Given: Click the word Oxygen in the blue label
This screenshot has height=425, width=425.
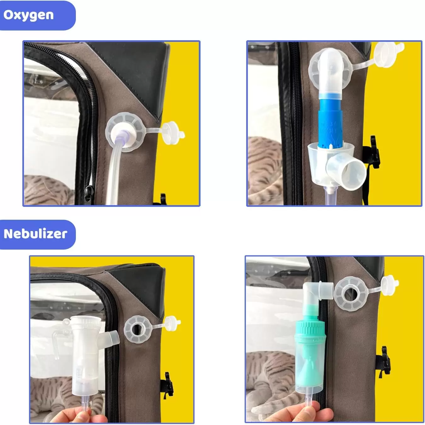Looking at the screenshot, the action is [x=28, y=15].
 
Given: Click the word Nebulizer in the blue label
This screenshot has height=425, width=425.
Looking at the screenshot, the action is [x=35, y=234].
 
